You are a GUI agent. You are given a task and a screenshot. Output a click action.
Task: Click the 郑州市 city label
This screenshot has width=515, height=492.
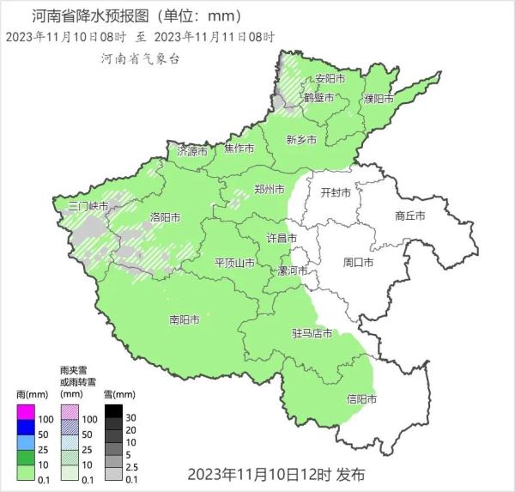point(270,190)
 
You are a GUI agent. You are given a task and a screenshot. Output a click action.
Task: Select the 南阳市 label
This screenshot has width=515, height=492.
point(185,319)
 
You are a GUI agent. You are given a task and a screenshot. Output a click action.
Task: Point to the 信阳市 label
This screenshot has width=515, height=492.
point(361,398)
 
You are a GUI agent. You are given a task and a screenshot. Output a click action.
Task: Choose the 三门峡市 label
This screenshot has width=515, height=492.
point(89,207)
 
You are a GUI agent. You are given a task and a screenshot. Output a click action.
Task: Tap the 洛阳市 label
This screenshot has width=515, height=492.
point(165,216)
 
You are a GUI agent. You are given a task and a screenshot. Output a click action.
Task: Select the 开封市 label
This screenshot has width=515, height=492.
point(336,193)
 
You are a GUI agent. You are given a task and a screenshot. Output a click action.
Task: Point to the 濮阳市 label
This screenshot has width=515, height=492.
point(379,99)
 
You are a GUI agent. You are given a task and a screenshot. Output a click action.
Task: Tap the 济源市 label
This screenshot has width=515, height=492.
point(192,151)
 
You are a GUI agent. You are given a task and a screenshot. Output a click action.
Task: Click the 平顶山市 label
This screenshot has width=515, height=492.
point(233,262)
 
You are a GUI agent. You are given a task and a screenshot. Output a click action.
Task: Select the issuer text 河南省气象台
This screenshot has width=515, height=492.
point(140,58)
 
